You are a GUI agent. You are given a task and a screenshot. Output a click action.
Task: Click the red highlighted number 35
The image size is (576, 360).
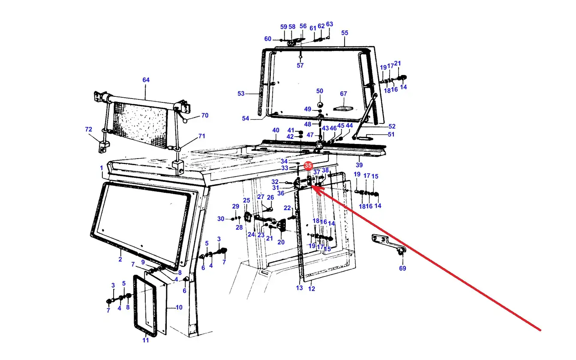(x=308, y=165)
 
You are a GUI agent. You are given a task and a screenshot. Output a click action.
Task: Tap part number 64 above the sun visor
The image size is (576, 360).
(x=146, y=80)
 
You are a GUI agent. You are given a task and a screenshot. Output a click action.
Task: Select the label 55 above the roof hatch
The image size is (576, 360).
(x=345, y=33)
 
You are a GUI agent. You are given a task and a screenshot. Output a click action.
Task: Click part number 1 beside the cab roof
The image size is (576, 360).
(x=102, y=168)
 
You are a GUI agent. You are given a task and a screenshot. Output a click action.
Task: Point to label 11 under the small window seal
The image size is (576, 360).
(x=146, y=340)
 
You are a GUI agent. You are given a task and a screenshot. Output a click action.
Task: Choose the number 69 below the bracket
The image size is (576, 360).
(x=402, y=268)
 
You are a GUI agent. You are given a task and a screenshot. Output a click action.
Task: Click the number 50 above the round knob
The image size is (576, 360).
(x=320, y=91)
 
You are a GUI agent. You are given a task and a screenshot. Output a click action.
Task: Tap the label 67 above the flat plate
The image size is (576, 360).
(x=344, y=94)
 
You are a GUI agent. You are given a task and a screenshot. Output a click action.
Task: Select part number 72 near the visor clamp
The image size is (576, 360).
(x=88, y=129)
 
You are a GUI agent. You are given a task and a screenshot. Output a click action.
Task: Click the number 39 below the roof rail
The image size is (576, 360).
(x=359, y=165)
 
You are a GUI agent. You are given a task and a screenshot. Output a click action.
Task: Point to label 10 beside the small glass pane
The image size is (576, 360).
(x=179, y=307)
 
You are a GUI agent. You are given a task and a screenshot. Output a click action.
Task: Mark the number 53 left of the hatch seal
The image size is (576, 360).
(x=241, y=93)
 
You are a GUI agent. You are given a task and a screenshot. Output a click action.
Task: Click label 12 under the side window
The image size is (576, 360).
(x=312, y=289)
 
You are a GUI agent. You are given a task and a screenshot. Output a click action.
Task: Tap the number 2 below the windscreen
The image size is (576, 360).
(x=120, y=259)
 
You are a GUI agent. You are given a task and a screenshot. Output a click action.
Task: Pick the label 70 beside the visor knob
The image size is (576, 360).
(x=205, y=115)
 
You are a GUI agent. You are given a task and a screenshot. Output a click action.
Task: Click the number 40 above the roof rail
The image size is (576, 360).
(x=276, y=130)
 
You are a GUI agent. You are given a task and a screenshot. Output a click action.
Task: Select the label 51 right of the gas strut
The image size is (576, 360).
(x=391, y=135)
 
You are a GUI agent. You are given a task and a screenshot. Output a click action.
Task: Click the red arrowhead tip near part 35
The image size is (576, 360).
(x=312, y=186)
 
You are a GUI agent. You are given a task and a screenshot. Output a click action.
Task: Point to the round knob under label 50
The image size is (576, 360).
(x=320, y=105)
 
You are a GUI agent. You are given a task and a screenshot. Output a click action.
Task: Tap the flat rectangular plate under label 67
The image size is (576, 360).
(x=343, y=108)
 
